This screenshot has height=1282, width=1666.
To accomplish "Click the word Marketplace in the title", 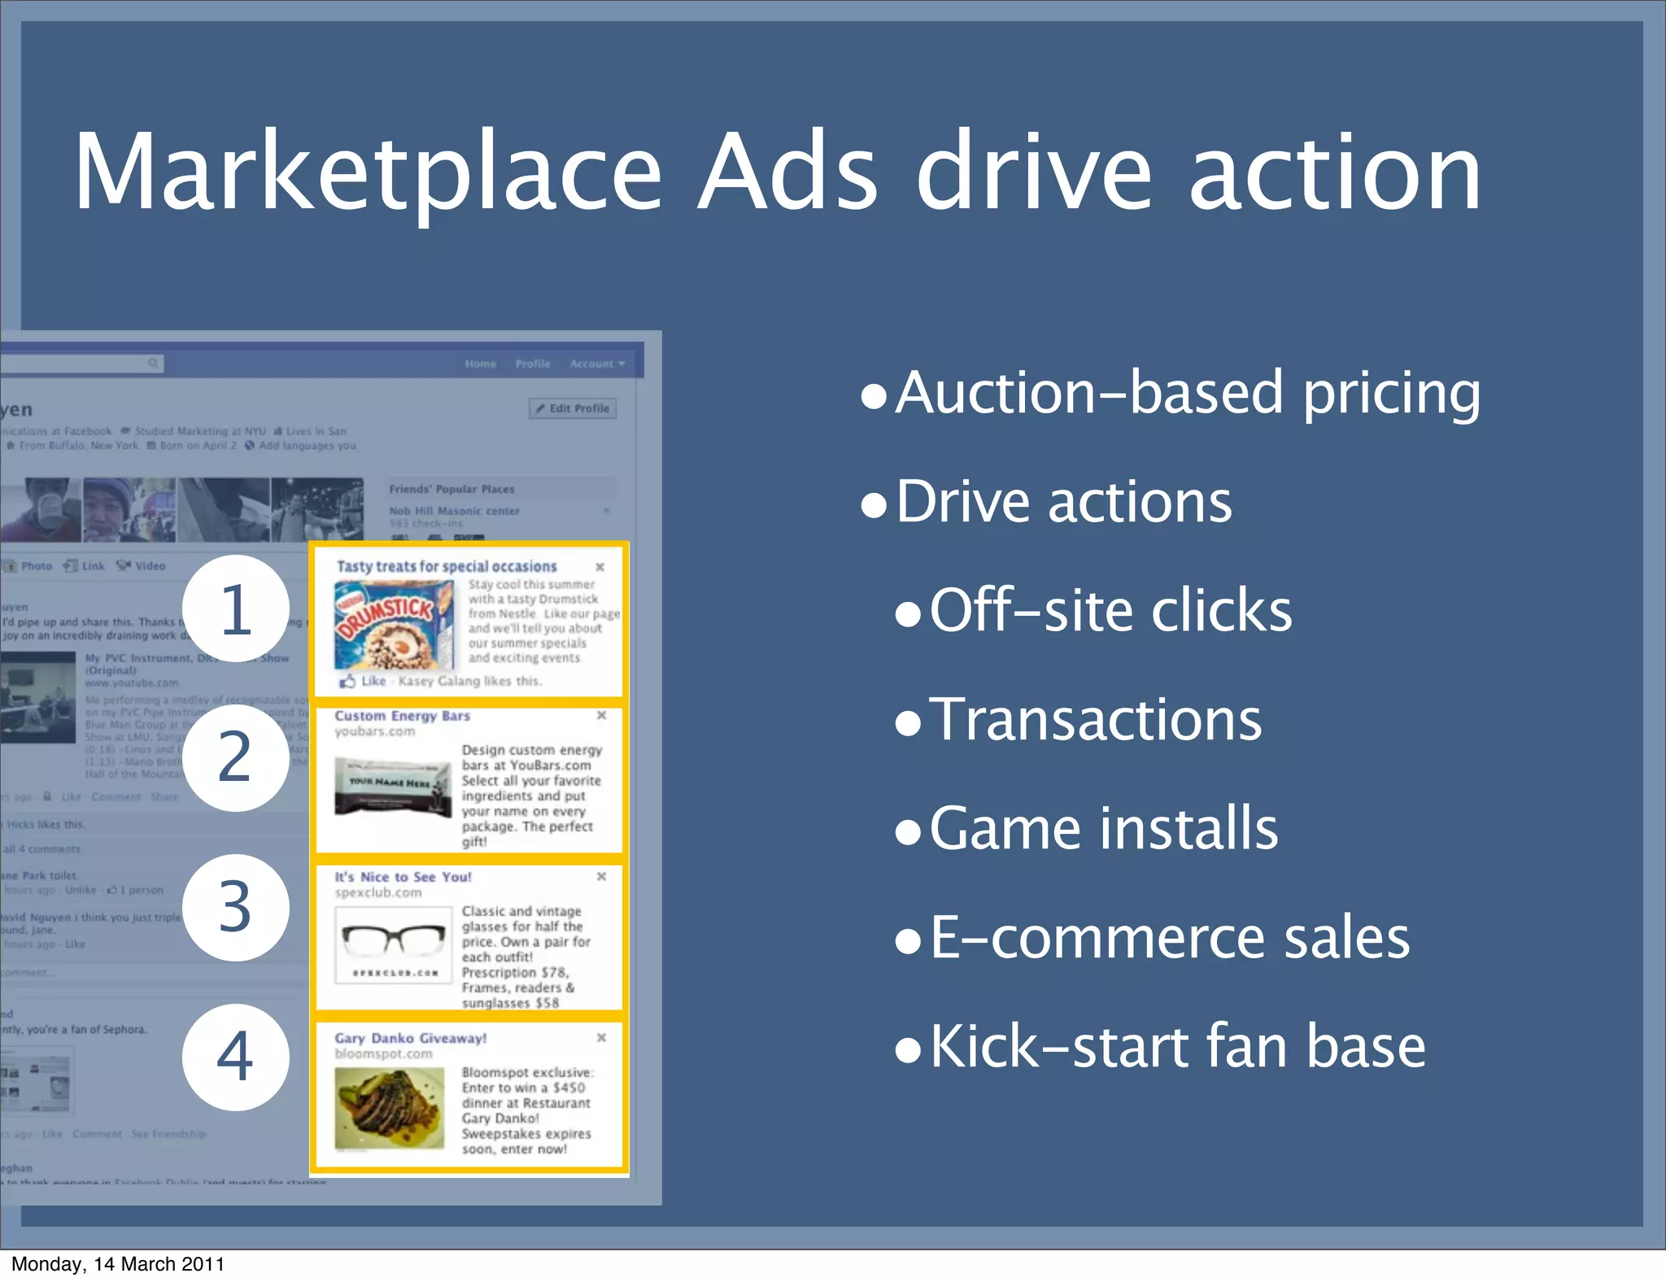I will click(368, 172).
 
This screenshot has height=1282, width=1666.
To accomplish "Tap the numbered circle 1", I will click(236, 608).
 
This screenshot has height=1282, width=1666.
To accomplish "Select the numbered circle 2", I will click(236, 757).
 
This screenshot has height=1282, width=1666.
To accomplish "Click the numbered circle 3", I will click(236, 907).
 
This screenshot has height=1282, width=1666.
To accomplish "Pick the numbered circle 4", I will click(236, 1057).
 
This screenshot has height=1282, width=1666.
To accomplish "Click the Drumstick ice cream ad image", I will click(395, 625).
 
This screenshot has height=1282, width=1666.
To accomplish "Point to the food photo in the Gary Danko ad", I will click(390, 1108).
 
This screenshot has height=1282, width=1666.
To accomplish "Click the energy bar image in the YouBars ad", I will click(393, 787).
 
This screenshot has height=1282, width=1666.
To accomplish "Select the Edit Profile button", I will click(573, 408).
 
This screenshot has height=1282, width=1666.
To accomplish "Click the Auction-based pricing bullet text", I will click(1188, 393).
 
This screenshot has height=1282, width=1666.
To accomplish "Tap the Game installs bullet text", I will click(1103, 828).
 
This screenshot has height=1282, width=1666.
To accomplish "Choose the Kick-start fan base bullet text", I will click(1177, 1046).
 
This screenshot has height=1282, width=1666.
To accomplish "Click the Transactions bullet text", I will click(1095, 719).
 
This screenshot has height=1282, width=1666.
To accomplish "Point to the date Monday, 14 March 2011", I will click(118, 1264).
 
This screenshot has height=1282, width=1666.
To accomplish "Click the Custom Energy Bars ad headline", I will click(402, 716).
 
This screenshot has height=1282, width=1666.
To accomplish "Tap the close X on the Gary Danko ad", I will click(601, 1037).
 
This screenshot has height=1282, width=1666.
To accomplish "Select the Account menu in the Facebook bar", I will click(596, 364).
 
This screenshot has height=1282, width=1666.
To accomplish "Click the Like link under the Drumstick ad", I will click(373, 681).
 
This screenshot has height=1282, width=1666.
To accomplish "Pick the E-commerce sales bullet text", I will click(1169, 937).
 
